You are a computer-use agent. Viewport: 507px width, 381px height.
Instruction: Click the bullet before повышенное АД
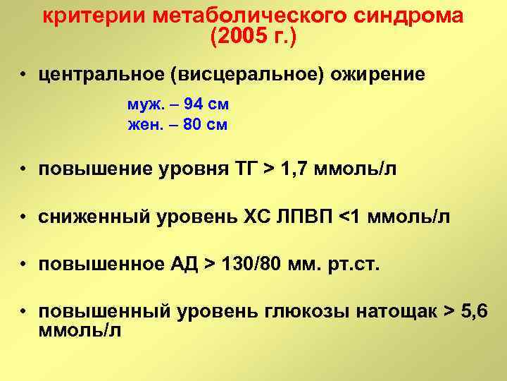pos(24,265)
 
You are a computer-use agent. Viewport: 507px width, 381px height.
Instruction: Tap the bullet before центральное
pos(24,75)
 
